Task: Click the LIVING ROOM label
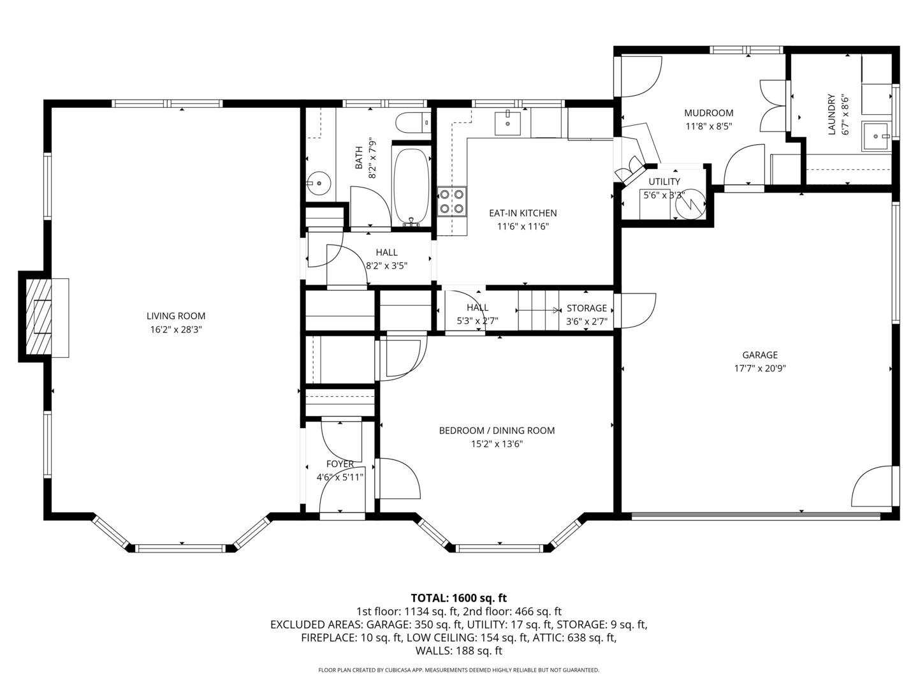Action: coord(176,316)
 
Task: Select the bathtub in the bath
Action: coord(412,186)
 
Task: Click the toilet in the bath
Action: coord(411,122)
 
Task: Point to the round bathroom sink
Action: coord(318,183)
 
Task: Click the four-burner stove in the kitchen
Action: coord(451,201)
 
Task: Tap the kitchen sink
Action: coord(507,122)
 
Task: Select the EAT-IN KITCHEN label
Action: coord(523,213)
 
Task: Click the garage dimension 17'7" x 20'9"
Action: coord(759,368)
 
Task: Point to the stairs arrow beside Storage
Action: coord(539,311)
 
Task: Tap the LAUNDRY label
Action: coord(831,115)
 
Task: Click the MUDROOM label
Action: coord(708,113)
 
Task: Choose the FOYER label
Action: coord(340,464)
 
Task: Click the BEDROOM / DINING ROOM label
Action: coord(497,431)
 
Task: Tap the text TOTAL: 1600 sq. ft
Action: coord(458,598)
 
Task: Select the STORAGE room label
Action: coord(586,308)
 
